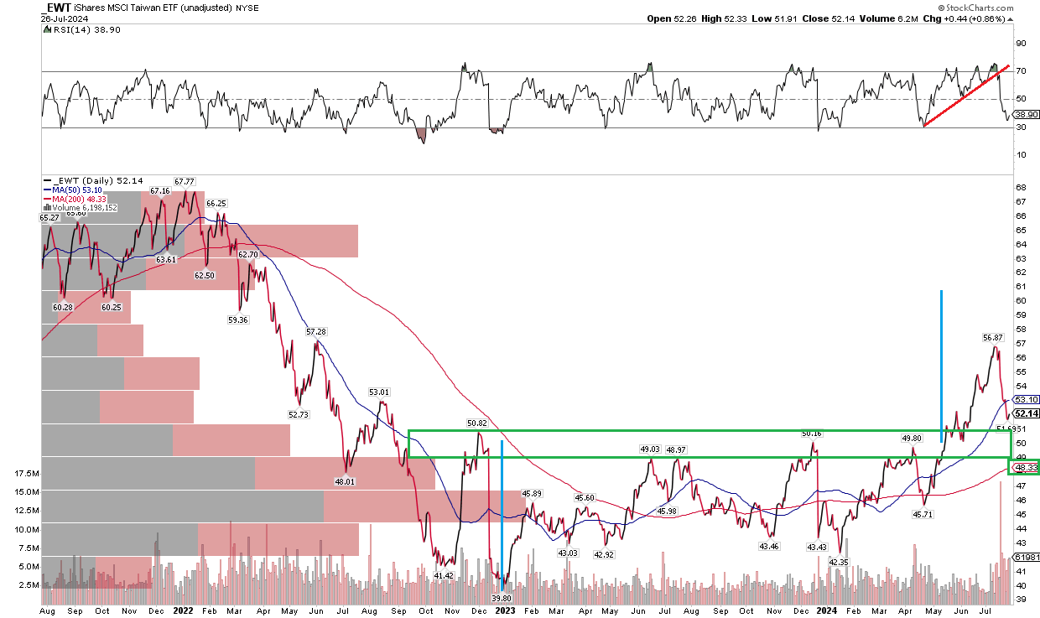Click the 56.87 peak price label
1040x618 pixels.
[992, 337]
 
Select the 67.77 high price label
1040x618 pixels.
[185, 181]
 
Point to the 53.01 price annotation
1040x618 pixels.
[380, 392]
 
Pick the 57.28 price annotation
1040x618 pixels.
[316, 332]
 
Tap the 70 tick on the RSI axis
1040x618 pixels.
[1022, 71]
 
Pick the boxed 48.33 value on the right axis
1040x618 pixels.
[1026, 467]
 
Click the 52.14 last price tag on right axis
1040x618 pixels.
[1027, 413]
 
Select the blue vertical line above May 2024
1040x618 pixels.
[941, 361]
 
